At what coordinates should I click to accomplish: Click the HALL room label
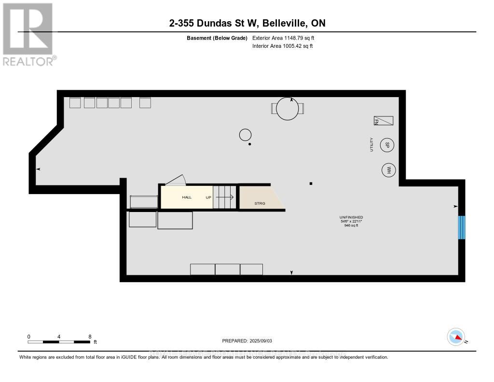(187, 198)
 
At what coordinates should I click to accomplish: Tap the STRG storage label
(260, 203)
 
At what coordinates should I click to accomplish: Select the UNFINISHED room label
(351, 218)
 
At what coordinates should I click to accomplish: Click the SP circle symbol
(387, 144)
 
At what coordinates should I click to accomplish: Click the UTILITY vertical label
(371, 144)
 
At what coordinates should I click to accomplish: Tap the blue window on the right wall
(462, 227)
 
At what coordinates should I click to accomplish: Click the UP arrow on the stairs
(225, 197)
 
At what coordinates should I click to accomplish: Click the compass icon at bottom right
(456, 337)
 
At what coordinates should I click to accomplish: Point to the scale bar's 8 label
(90, 336)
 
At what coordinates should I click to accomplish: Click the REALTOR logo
(28, 34)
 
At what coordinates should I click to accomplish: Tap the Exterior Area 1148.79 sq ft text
(283, 38)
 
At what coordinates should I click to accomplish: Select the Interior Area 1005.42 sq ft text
(283, 46)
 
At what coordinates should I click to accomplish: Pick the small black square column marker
(311, 184)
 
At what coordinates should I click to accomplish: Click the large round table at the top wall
(288, 109)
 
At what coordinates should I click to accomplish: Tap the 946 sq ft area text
(350, 226)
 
